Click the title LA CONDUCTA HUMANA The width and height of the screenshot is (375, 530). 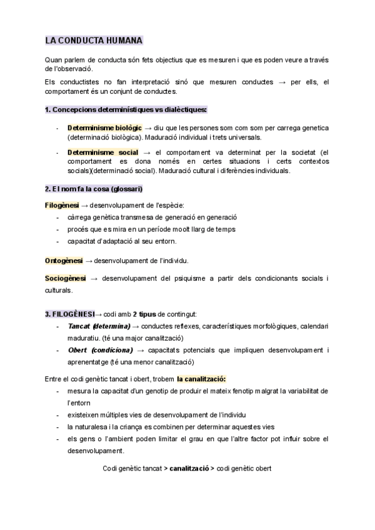[x=94, y=41]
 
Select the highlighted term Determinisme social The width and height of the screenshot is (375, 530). [x=102, y=152]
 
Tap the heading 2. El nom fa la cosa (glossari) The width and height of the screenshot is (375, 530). [x=94, y=189]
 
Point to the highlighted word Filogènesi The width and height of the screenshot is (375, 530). [x=61, y=205]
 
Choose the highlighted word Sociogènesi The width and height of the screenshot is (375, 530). [x=65, y=277]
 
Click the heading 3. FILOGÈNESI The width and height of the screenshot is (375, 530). [x=69, y=313]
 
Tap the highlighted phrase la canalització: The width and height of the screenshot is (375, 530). [x=201, y=379]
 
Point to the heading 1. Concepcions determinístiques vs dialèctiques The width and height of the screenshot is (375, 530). [x=125, y=110]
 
